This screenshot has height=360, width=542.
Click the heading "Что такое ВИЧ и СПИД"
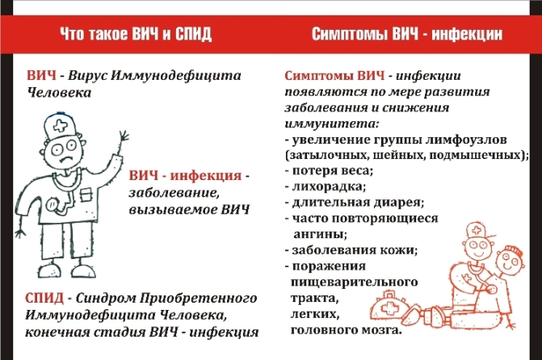point(136,34)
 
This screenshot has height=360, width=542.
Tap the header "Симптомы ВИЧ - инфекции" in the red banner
point(407,34)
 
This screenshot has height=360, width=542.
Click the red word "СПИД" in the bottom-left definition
point(44,298)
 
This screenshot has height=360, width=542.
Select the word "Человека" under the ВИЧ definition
point(59,92)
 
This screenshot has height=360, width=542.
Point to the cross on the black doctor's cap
point(60,126)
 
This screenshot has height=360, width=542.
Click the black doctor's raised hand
point(123,140)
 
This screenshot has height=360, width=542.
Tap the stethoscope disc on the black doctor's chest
point(53,204)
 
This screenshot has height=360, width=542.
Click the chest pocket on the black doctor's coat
point(87,195)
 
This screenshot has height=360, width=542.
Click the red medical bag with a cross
point(389,308)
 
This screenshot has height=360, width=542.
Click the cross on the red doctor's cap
point(476,230)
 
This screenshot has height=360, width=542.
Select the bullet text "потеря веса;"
point(333,170)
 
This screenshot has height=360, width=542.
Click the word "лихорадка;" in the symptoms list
point(329,186)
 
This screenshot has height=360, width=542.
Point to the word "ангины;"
point(320,234)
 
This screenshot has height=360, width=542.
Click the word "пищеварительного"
point(355,283)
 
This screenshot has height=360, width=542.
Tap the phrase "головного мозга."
point(347,330)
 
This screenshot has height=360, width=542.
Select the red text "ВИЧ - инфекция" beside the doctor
point(185,175)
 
